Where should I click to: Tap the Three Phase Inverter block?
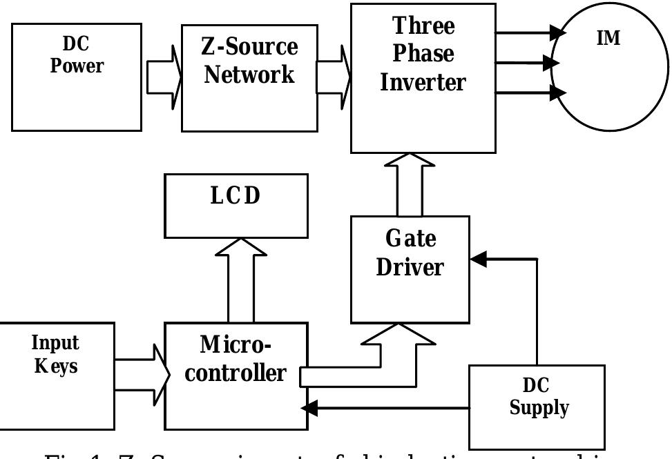(423, 77)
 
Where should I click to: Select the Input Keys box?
(57, 375)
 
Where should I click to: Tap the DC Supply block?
(537, 407)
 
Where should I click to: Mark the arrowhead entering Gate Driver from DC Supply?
(477, 259)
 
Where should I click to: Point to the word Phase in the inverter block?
(423, 55)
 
